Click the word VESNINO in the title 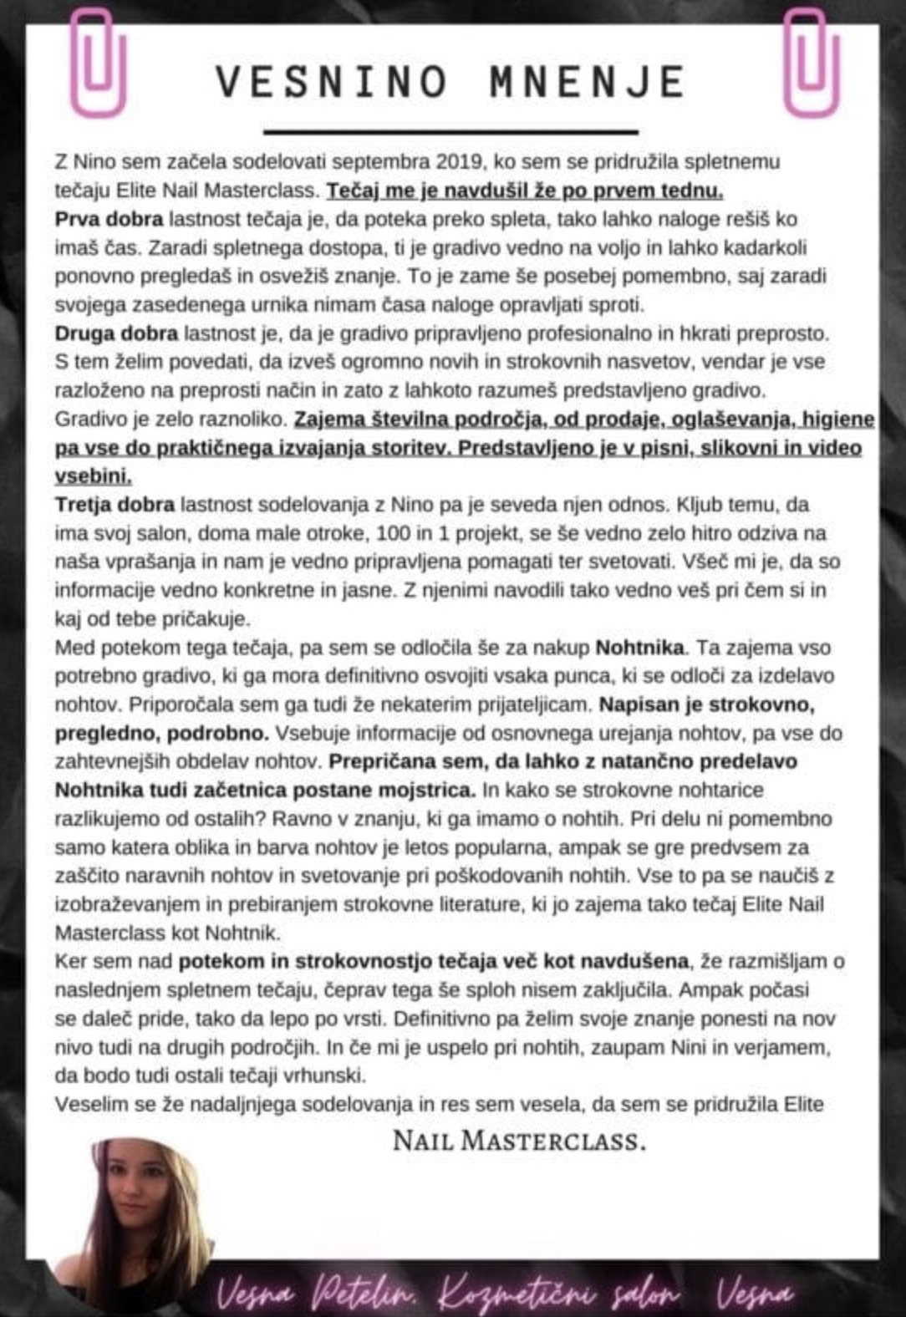(332, 82)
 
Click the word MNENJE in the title (588, 82)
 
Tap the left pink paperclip (98, 63)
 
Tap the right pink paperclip (811, 63)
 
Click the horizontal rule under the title (450, 131)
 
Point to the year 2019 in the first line (459, 161)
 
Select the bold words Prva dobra (109, 219)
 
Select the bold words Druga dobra (116, 333)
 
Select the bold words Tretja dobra (115, 505)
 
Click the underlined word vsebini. (93, 476)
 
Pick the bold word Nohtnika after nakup (639, 648)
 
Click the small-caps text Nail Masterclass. (519, 1141)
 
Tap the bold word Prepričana (379, 761)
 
